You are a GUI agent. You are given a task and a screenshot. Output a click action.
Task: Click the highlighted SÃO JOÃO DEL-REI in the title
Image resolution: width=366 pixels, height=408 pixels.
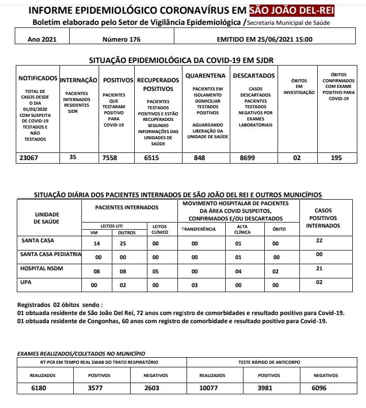292,11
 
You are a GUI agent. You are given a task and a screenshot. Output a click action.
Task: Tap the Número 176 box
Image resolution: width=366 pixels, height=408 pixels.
121,39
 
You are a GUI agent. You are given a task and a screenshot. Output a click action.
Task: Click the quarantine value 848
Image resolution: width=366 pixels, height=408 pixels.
200,158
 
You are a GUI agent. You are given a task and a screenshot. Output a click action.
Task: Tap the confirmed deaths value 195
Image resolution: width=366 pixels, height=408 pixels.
336,158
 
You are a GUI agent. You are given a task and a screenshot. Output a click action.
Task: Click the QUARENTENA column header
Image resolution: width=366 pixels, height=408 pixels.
205,76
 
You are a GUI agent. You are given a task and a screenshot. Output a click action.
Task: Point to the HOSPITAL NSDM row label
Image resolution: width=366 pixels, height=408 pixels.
42,268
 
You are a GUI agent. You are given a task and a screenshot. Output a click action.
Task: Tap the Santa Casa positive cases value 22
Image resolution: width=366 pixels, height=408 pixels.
319,240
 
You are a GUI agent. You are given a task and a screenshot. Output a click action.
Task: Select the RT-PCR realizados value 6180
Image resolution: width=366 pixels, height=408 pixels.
41,389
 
